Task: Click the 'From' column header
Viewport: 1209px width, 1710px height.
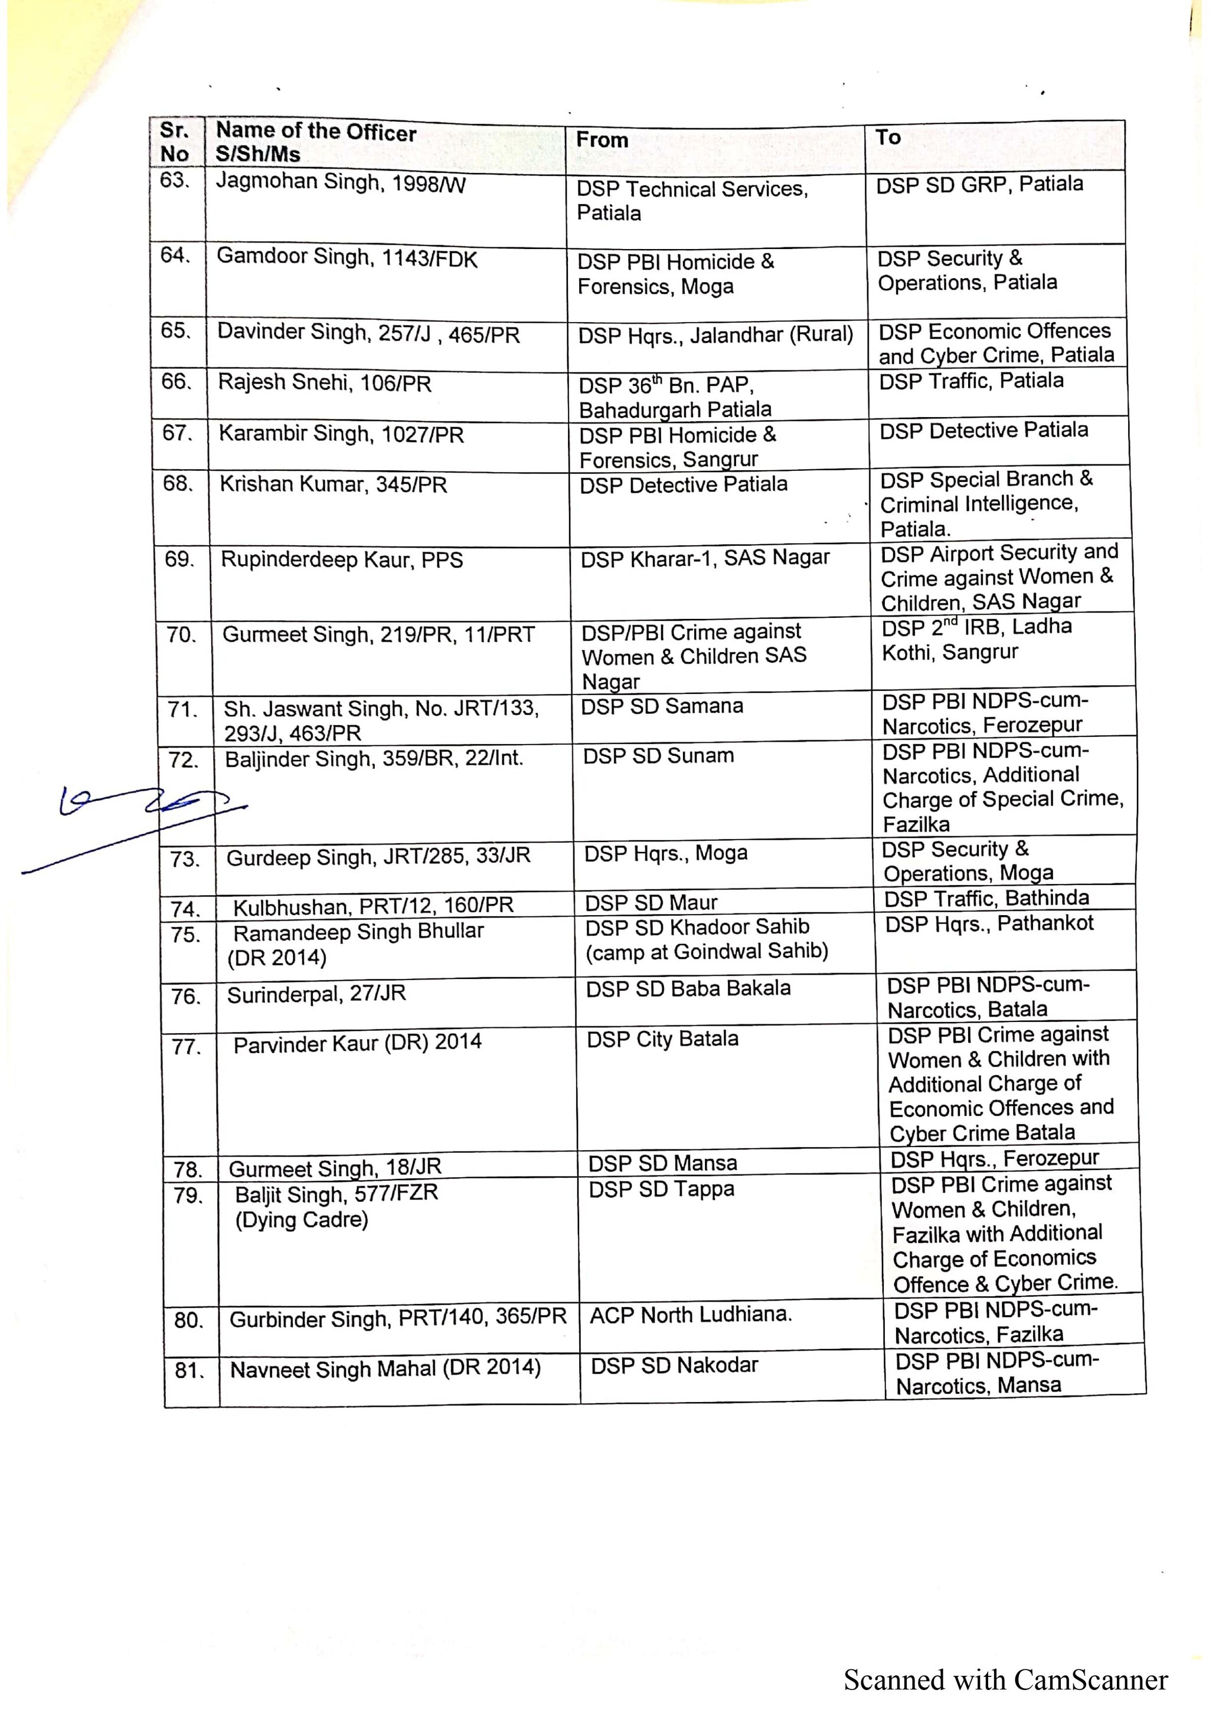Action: (602, 140)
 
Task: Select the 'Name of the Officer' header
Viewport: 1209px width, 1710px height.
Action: (316, 133)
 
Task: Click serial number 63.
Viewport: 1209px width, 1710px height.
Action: (174, 181)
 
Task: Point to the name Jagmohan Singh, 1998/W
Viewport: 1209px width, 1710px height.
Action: (341, 182)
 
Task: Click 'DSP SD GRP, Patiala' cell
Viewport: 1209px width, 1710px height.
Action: (979, 185)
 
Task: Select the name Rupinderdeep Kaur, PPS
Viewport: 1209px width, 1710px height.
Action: (341, 560)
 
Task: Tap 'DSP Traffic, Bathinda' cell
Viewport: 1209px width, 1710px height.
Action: (986, 898)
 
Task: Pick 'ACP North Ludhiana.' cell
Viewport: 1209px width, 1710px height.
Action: (691, 1315)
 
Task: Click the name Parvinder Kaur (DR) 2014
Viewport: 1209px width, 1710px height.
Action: (358, 1043)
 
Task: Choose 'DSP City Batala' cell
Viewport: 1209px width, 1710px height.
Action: (662, 1039)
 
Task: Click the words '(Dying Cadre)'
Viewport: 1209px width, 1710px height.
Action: (302, 1220)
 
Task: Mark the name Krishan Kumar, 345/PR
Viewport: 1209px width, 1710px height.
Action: (333, 485)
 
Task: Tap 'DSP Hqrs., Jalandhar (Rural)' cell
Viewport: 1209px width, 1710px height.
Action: (715, 335)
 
